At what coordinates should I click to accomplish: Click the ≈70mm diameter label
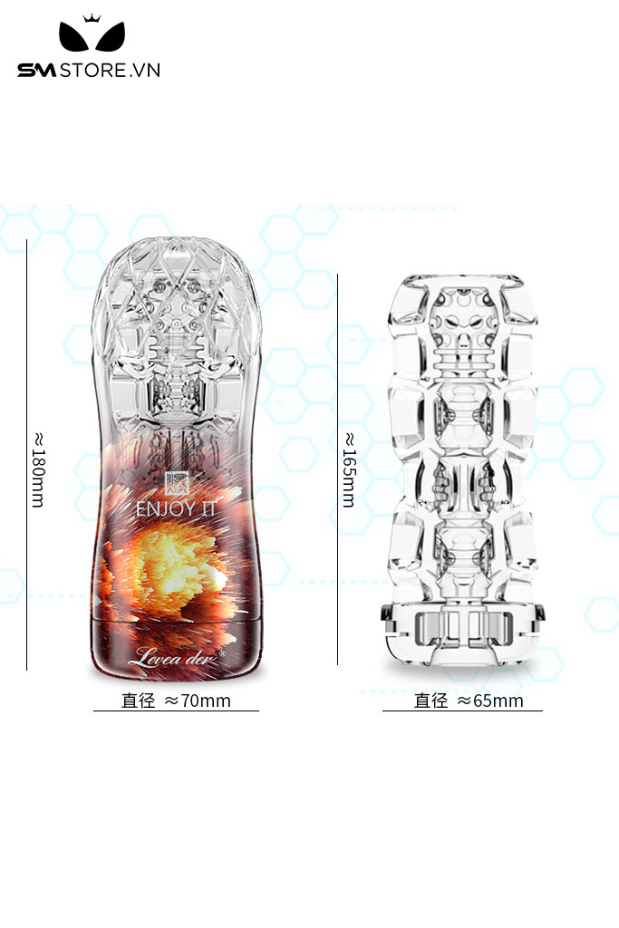pos(197,701)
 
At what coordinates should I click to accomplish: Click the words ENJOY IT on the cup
pos(176,508)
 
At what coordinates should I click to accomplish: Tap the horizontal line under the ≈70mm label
pos(176,710)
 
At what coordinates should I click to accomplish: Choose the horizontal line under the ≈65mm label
pos(462,710)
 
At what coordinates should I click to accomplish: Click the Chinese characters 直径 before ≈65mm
pos(430,701)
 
